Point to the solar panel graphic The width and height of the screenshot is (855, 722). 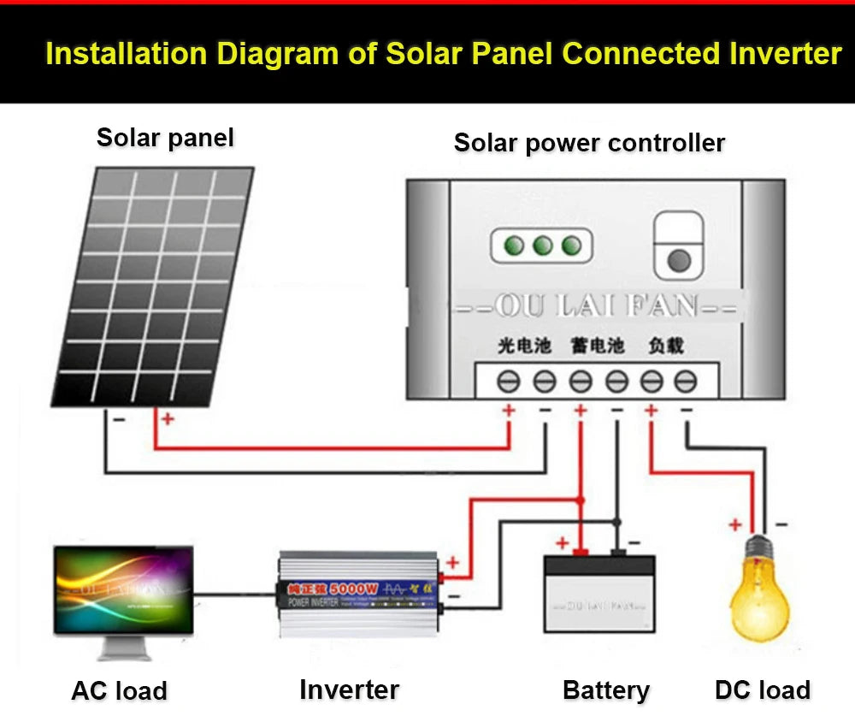pyautogui.click(x=155, y=286)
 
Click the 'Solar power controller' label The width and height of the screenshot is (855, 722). pyautogui.click(x=589, y=143)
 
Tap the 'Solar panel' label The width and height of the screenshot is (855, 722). pyautogui.click(x=165, y=138)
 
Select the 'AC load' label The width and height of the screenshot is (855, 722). pyautogui.click(x=119, y=690)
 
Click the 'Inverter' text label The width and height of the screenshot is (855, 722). pyautogui.click(x=349, y=689)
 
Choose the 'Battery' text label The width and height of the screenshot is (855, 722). pyautogui.click(x=606, y=690)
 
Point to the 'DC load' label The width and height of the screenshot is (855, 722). pyautogui.click(x=762, y=690)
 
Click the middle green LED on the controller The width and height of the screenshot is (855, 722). pyautogui.click(x=542, y=246)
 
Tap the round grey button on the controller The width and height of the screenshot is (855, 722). pyautogui.click(x=678, y=260)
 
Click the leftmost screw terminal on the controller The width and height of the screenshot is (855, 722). pyautogui.click(x=510, y=381)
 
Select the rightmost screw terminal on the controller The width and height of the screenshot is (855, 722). pyautogui.click(x=686, y=381)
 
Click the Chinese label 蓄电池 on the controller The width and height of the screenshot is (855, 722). pyautogui.click(x=598, y=346)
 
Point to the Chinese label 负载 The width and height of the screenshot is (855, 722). pyautogui.click(x=666, y=346)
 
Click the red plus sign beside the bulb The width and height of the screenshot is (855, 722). pyautogui.click(x=734, y=524)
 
